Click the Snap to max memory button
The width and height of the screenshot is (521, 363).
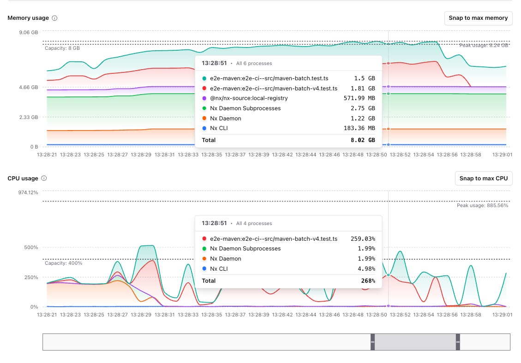[x=478, y=18]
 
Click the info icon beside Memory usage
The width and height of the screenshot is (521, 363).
[x=54, y=18]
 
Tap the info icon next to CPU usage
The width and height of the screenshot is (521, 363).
[x=44, y=179]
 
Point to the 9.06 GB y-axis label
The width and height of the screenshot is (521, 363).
[x=29, y=32]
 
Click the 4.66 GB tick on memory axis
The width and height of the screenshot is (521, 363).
[x=29, y=87]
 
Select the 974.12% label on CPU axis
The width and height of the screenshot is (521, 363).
[x=28, y=192]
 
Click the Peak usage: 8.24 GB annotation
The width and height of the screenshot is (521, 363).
[x=484, y=45]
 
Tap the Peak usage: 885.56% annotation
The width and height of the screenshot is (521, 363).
[x=482, y=205]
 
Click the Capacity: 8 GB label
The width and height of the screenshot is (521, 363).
[x=62, y=48]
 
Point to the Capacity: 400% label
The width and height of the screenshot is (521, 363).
[x=64, y=263]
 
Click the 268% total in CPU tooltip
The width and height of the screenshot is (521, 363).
[x=368, y=280]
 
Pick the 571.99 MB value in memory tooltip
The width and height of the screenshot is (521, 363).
[x=359, y=98]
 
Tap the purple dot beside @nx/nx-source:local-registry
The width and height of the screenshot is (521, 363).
[x=204, y=98]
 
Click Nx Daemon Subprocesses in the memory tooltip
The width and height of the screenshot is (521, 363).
[x=245, y=108]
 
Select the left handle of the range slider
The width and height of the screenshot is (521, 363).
[x=372, y=342]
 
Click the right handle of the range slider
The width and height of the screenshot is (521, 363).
[x=458, y=342]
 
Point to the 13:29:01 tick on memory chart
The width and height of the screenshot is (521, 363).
[x=503, y=155]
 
